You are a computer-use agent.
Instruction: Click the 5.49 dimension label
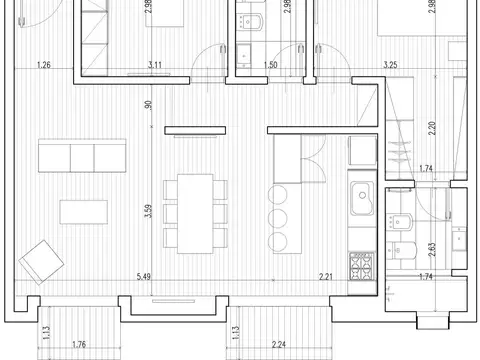coord(144,276)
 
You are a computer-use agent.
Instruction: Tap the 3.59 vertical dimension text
coord(148,211)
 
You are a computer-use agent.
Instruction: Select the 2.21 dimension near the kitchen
coord(326,276)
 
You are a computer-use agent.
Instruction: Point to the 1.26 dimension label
coord(44,65)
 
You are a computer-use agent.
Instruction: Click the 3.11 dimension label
coord(155,65)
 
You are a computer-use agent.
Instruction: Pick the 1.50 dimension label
coord(270,65)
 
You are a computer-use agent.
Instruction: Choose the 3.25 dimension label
coord(390,65)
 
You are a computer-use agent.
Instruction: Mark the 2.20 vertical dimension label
coord(432,128)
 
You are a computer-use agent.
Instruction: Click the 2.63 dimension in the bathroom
coord(432,249)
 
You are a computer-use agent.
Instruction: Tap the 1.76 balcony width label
coord(79,344)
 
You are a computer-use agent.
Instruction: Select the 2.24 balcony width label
coord(279,344)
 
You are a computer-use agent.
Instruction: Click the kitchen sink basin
coord(362,198)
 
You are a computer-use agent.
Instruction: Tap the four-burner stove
coord(362,266)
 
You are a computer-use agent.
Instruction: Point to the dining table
coord(195,214)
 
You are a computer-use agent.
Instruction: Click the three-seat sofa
coord(82,156)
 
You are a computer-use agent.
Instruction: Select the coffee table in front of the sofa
coord(84,212)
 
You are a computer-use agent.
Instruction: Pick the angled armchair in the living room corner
coord(41,262)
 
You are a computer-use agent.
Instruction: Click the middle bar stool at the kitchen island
coord(278,218)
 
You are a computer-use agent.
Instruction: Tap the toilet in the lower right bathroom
coord(402,250)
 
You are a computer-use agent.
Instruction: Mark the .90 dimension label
coord(148,105)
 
